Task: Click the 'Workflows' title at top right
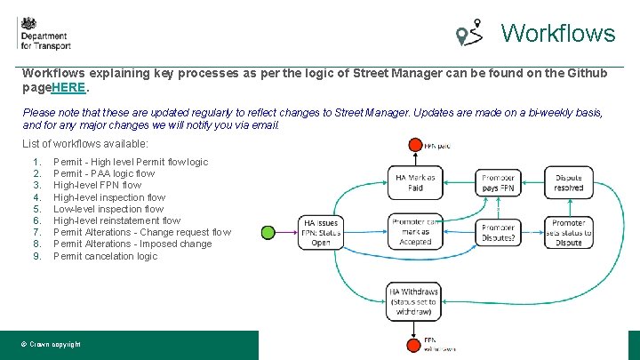coord(557,34)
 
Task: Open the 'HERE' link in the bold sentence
coord(69,89)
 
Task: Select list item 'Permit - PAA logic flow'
coord(104,174)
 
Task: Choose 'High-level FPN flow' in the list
coord(97,186)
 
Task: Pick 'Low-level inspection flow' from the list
coord(108,210)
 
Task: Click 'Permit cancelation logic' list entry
coord(105,256)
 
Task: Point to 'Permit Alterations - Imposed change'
coord(132,244)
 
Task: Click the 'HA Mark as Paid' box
coord(415,182)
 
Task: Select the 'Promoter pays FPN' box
coord(498,182)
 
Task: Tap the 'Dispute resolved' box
coord(568,182)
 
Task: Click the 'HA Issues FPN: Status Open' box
coord(321,233)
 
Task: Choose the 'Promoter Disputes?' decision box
coord(498,233)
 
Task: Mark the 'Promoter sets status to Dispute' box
coord(568,233)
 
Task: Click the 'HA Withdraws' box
coord(415,300)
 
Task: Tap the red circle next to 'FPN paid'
coord(414,145)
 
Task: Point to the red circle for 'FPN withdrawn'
coord(414,345)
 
